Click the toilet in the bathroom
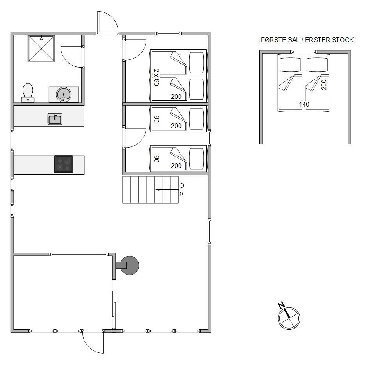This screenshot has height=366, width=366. [28, 93]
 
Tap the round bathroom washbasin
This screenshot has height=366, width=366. [64, 95]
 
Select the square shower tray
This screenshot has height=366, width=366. [41, 48]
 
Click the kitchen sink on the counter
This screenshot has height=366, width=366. [55, 119]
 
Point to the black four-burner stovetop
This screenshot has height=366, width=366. [64, 164]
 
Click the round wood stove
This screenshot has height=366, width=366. [129, 265]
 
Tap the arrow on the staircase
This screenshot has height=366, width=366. [167, 189]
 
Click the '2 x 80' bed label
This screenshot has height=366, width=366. [156, 77]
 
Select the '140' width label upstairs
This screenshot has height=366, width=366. [304, 104]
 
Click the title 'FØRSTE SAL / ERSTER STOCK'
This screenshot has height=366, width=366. [307, 40]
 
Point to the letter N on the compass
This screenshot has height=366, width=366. [281, 305]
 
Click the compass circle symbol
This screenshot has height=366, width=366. [289, 318]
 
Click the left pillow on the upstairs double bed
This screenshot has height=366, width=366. [290, 65]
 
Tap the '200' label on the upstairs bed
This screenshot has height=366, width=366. [324, 85]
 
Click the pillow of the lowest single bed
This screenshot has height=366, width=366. [196, 159]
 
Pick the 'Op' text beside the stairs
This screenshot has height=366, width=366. [181, 189]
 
